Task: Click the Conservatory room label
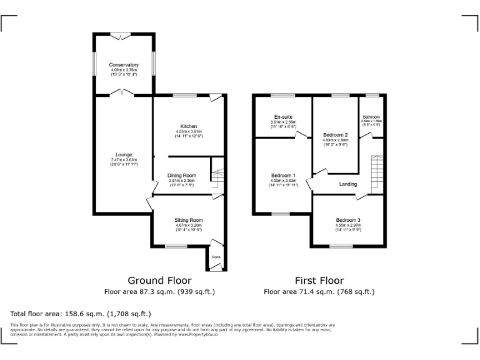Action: tap(124, 65)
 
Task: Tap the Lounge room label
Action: tap(123, 154)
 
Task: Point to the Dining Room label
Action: tap(181, 176)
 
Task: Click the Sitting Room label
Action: tap(188, 220)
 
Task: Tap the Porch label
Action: tap(216, 257)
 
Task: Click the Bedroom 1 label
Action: tap(284, 176)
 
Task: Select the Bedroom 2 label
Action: tap(336, 135)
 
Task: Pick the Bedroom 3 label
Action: tap(348, 220)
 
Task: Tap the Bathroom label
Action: tap(372, 117)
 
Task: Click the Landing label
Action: tap(348, 184)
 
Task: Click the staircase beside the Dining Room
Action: tap(216, 177)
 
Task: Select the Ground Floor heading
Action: tap(159, 281)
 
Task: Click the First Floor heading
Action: tap(319, 281)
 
